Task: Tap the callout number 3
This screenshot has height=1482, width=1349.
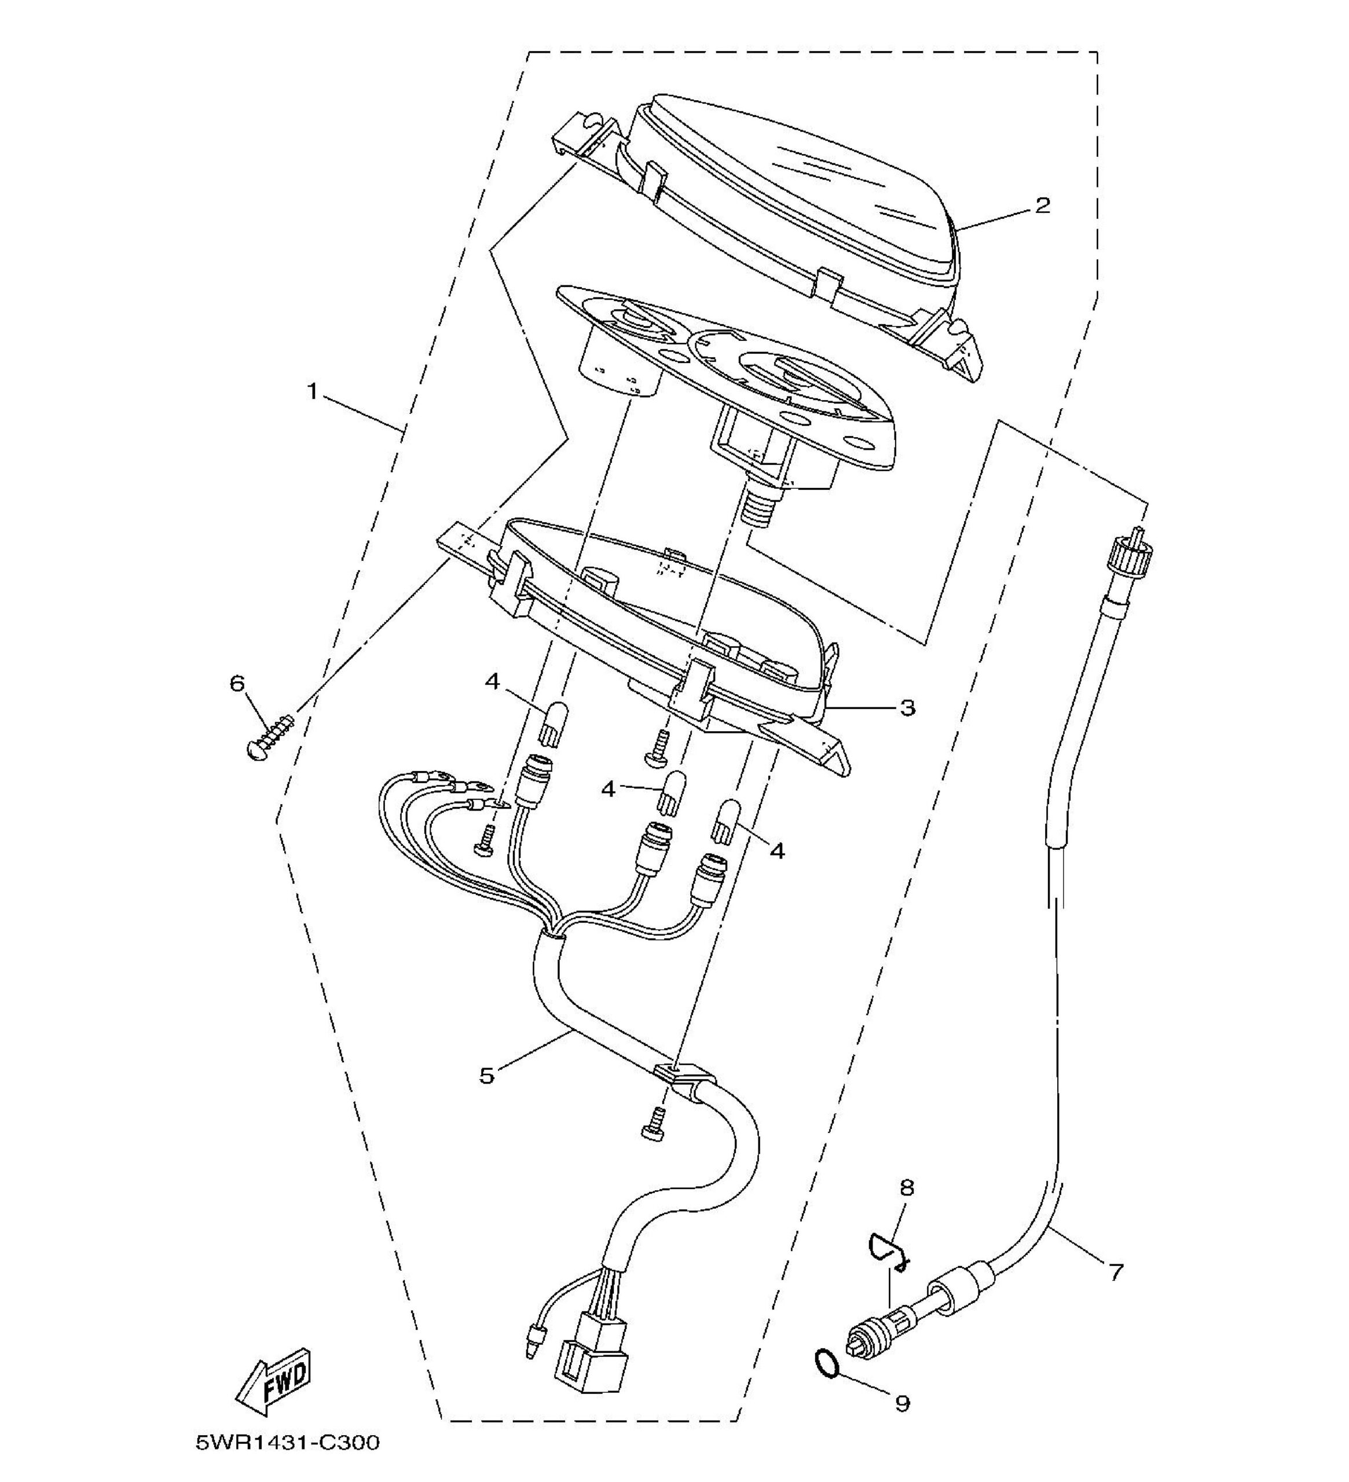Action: [x=908, y=708]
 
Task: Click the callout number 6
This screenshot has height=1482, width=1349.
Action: [x=237, y=684]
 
